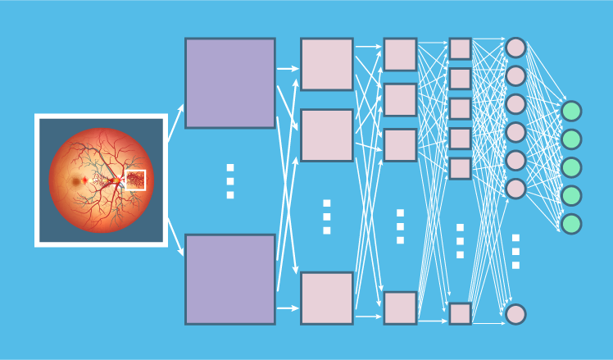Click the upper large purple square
pos(230,83)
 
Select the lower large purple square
pos(230,279)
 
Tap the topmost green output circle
pos(571,111)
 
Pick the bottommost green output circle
pos(571,224)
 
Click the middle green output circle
pos(571,167)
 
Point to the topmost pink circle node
pos(515,48)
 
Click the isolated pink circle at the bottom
pos(515,314)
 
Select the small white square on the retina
pos(135,180)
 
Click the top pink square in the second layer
pos(327,64)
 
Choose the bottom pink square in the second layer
pos(327,298)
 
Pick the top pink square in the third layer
pos(400,54)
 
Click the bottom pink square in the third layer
pos(400,308)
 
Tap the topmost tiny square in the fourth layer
pos(460,48)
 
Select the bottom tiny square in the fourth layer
pos(460,313)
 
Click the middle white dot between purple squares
pos(230,181)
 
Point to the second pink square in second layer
pos(327,135)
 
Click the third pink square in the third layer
pos(400,145)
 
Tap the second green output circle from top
pos(571,139)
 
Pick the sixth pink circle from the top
pos(515,189)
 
